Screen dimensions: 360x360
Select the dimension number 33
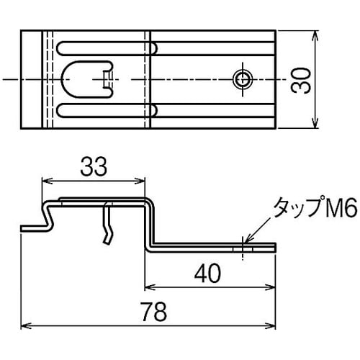coord(94,167)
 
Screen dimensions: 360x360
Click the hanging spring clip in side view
coord(109,223)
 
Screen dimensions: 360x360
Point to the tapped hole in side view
coord(243,247)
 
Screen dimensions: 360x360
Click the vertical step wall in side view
coord(149,225)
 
